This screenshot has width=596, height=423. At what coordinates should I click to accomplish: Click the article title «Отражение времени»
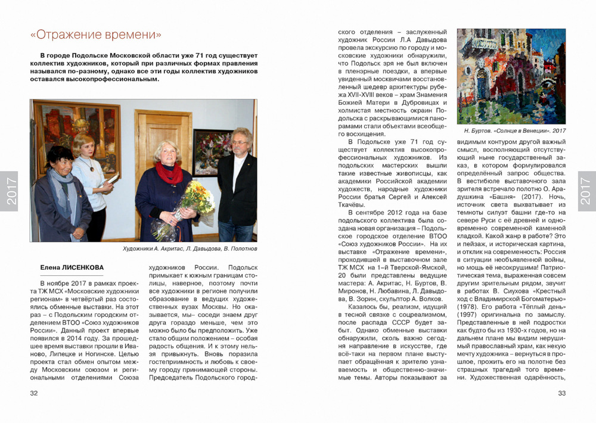coord(96,35)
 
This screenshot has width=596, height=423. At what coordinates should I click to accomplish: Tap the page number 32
coord(34,393)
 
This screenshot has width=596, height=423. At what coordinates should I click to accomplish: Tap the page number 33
coord(561,393)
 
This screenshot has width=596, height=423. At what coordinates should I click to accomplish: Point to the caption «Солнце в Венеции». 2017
coord(514,130)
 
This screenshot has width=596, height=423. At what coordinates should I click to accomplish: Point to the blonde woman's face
coord(83,145)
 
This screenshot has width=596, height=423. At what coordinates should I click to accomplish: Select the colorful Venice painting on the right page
coord(511,76)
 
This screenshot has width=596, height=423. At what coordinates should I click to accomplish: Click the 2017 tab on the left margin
coord(10,191)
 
